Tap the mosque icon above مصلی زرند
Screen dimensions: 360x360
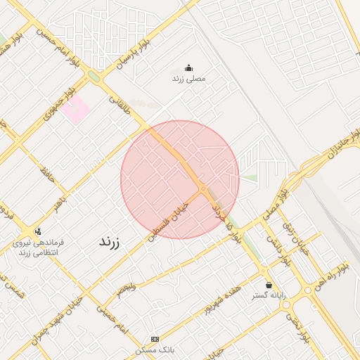pos(188,68)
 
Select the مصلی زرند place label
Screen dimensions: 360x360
pos(188,79)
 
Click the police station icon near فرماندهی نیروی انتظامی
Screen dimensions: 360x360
pos(37,231)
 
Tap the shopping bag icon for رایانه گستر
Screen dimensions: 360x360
pos(269,285)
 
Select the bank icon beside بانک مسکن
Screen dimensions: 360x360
pos(155,339)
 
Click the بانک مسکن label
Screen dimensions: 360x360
pos(155,349)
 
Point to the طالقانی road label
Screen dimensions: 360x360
pos(121,105)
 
